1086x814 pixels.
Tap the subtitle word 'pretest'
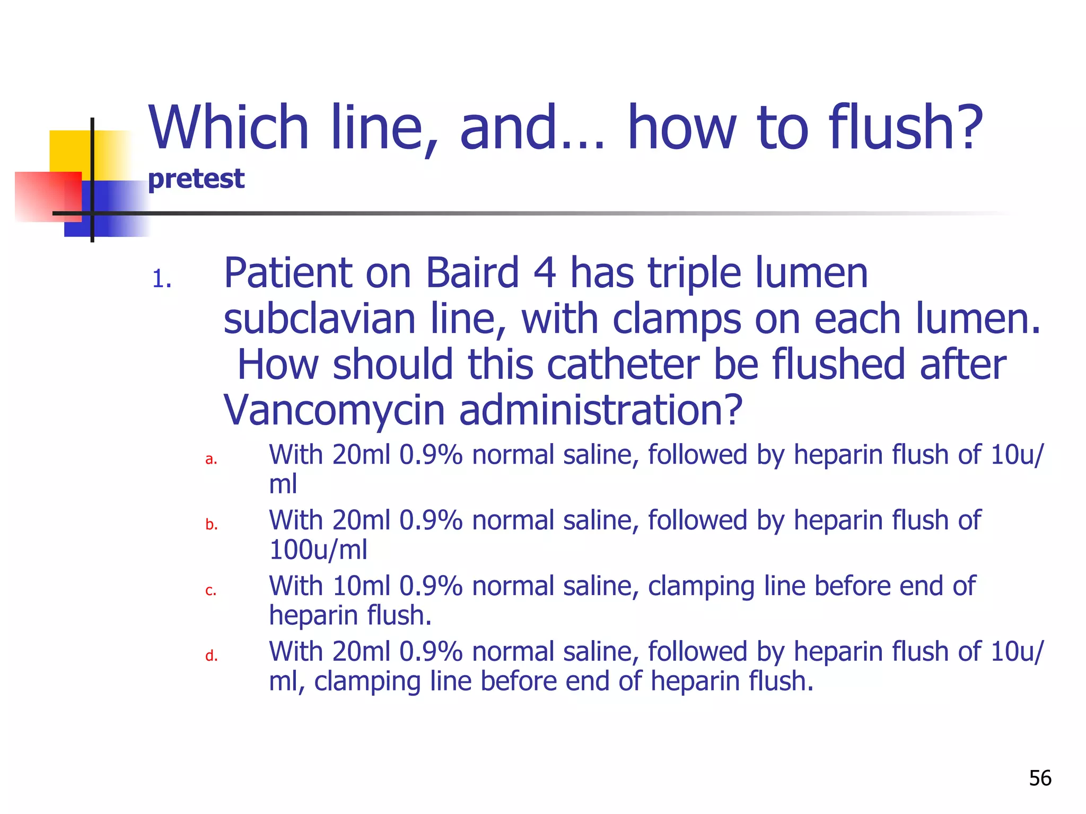tap(196, 179)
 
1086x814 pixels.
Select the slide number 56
tap(1040, 778)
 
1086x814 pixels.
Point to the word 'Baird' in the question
tap(472, 273)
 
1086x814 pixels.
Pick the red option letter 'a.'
tap(211, 459)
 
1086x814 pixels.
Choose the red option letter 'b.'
tap(212, 524)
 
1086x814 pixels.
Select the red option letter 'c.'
tap(211, 590)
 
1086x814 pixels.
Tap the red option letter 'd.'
tap(212, 656)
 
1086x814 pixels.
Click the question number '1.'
tap(162, 279)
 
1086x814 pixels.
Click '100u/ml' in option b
tap(318, 550)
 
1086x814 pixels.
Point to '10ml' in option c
tap(361, 586)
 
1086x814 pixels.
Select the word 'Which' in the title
tap(229, 128)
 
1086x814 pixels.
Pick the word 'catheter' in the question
tap(623, 365)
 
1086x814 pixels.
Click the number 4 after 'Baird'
tap(544, 273)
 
